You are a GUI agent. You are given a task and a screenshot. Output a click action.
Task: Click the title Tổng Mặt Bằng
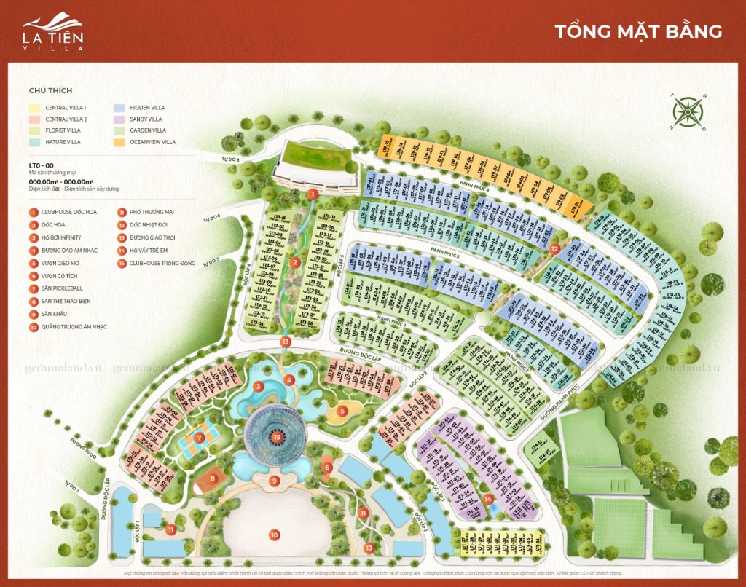638,31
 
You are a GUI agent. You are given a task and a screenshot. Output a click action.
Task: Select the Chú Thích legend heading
47,92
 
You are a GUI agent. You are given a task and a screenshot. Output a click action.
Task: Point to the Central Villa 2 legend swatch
34,119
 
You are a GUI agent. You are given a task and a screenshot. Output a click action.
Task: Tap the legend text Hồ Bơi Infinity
61,238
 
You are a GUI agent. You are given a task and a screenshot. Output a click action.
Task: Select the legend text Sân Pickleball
63,288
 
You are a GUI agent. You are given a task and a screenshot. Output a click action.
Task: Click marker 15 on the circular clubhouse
277,437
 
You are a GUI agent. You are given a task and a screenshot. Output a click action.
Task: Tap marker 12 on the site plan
554,248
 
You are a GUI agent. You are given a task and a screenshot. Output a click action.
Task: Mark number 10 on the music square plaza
274,535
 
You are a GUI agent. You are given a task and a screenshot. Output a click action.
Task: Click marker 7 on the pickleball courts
198,438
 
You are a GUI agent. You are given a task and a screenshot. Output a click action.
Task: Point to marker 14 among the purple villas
488,499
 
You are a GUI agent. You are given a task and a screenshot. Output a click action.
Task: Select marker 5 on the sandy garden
341,411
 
